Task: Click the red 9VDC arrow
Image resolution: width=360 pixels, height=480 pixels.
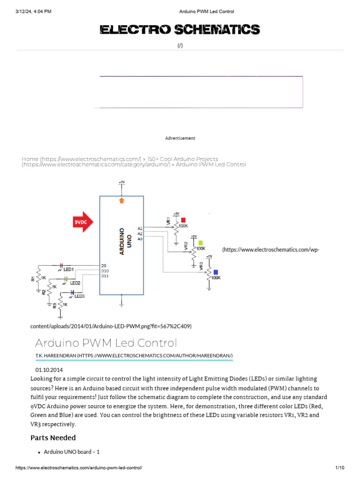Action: (83, 222)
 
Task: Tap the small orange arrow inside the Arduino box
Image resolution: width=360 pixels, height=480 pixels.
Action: (122, 200)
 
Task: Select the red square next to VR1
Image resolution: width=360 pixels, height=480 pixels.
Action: (184, 220)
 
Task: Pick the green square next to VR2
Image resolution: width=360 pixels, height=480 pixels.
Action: (201, 243)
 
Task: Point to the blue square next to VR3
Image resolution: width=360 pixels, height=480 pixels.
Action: (215, 272)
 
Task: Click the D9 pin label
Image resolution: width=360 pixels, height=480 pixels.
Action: (104, 266)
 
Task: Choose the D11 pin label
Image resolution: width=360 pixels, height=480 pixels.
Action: (105, 276)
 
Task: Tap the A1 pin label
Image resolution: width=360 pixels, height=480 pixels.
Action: (140, 228)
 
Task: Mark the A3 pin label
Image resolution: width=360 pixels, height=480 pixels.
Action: (140, 239)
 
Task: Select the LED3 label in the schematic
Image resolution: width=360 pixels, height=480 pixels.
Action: (79, 296)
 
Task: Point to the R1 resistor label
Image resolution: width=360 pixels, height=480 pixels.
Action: (33, 278)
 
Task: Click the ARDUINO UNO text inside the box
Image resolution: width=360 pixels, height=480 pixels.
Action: (125, 241)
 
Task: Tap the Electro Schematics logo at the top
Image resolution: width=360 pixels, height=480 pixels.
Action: (180, 30)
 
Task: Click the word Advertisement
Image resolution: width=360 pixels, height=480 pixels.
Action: (180, 138)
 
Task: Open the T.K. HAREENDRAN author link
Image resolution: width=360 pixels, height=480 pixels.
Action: (134, 356)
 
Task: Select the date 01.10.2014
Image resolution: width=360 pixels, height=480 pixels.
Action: (49, 370)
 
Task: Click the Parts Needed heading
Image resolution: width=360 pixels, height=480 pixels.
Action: (53, 437)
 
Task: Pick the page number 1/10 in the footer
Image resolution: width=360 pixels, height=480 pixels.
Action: (340, 468)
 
